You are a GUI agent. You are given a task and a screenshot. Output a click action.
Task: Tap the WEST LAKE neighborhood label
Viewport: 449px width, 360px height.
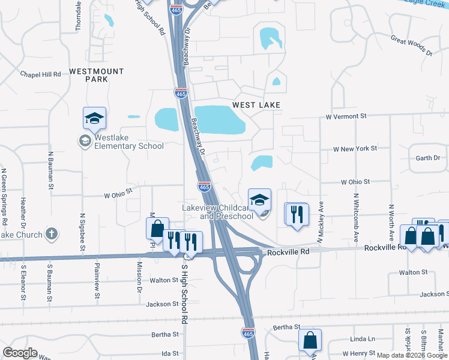click(x=256, y=104)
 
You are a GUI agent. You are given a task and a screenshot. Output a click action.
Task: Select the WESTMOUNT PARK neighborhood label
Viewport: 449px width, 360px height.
click(x=96, y=75)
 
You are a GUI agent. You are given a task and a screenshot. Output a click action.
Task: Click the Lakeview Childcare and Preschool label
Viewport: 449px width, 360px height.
click(x=217, y=212)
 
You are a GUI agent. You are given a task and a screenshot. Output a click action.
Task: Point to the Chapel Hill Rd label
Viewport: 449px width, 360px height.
click(x=41, y=74)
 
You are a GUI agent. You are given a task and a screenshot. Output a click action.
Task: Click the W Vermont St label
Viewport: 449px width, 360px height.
click(x=346, y=116)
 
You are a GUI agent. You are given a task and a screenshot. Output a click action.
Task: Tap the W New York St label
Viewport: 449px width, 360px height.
click(x=355, y=148)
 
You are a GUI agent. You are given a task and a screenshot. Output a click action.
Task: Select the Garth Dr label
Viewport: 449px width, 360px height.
click(x=428, y=158)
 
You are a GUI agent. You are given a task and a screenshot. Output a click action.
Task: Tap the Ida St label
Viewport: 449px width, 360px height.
click(x=170, y=353)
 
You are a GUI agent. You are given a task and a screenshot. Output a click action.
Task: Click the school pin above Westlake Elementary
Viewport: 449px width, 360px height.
click(x=95, y=119)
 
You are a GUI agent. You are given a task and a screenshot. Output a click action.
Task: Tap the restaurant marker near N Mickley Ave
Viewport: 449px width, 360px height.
click(x=296, y=214)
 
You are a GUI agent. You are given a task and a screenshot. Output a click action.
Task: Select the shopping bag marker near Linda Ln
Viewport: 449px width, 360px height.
click(x=310, y=340)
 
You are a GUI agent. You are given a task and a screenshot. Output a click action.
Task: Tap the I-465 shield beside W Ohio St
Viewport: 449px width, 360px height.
click(x=204, y=187)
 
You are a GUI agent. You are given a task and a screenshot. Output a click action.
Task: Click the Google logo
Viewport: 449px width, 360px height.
click(x=20, y=353)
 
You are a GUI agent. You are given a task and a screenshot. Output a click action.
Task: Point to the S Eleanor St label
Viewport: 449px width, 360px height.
click(x=24, y=283)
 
